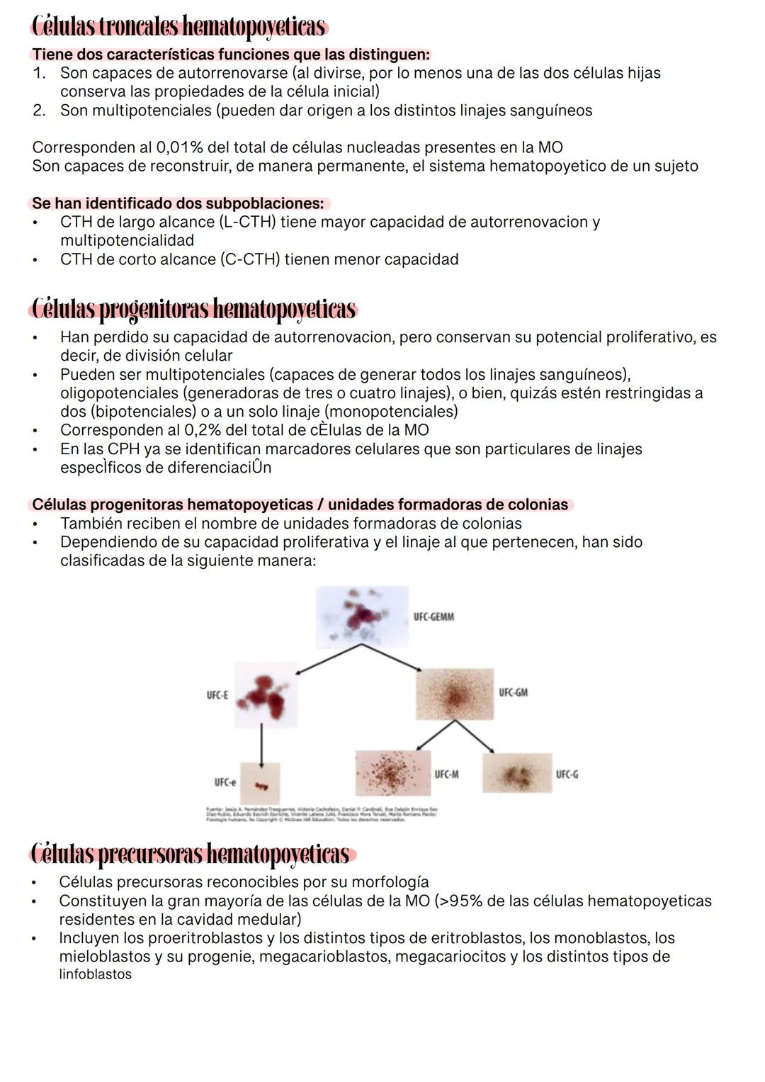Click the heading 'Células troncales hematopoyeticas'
tap(178, 27)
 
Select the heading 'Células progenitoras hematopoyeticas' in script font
tap(193, 310)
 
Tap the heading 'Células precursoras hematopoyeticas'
tap(191, 854)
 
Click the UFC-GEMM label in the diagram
tap(433, 617)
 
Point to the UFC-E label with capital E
tap(217, 696)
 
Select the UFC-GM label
tap(513, 692)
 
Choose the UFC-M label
tap(446, 774)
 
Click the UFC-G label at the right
tap(567, 774)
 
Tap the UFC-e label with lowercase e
tap(225, 782)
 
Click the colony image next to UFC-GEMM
tap(362, 616)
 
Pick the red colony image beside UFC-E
tap(266, 695)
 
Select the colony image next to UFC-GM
tap(454, 694)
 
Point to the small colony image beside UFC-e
tap(260, 784)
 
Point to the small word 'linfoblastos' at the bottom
tap(95, 974)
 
